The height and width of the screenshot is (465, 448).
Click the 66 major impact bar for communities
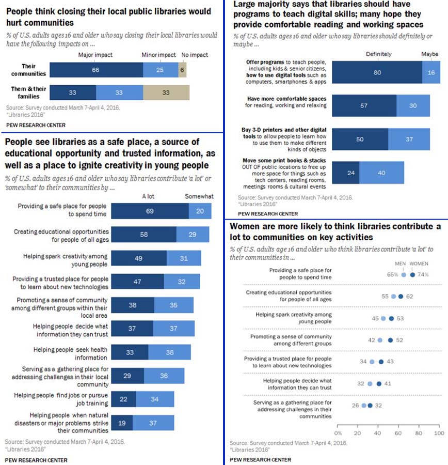[x=95, y=70]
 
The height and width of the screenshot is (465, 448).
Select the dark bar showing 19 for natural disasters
[x=122, y=423]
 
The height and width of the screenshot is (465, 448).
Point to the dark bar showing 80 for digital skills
[x=377, y=72]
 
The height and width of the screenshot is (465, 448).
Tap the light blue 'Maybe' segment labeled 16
[x=431, y=72]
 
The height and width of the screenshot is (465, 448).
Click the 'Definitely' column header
[x=378, y=54]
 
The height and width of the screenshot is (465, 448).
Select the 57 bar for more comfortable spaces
[x=364, y=106]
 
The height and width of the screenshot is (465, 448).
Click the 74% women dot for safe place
[x=412, y=275]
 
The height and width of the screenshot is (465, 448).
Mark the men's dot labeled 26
[x=364, y=406]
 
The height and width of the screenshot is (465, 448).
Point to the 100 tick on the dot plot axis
[x=438, y=432]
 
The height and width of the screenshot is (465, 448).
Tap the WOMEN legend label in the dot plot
[x=419, y=263]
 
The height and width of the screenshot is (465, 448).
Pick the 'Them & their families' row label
[x=29, y=92]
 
